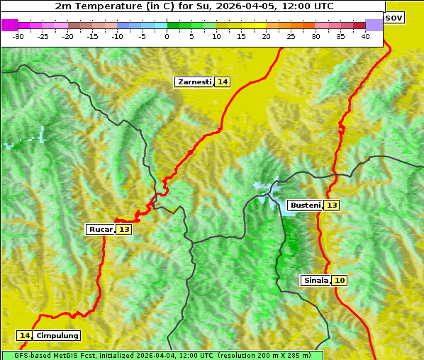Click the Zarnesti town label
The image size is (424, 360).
(194, 82)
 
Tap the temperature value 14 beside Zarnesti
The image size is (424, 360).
(223, 82)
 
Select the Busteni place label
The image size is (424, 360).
(305, 206)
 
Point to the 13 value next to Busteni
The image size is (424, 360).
(332, 206)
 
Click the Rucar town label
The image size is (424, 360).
(101, 230)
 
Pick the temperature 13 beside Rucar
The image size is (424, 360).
(124, 230)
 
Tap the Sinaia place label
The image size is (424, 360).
(316, 281)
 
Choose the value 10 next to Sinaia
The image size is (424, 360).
(340, 281)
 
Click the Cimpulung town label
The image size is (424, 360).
(57, 336)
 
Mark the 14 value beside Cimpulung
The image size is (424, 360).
(25, 336)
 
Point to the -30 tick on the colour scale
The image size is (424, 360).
(18, 36)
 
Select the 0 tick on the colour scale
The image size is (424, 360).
(167, 36)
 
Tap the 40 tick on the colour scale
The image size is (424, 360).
(365, 36)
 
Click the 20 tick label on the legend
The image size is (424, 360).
(266, 36)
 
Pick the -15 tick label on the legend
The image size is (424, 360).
(92, 36)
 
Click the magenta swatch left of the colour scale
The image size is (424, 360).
(9, 25)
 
